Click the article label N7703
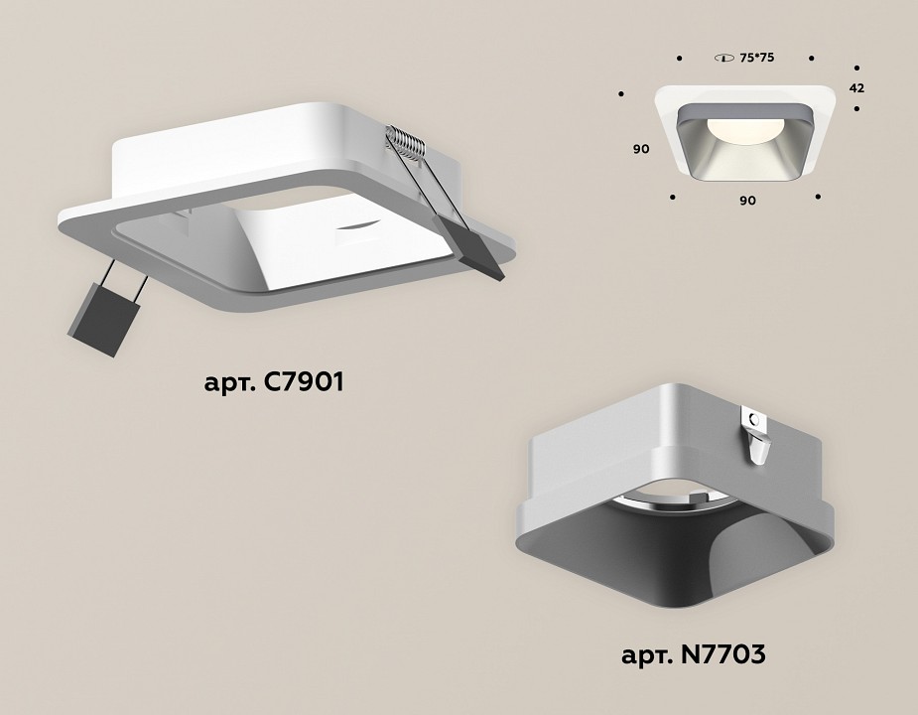click(693, 654)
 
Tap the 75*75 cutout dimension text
click(756, 59)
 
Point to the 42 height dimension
click(856, 87)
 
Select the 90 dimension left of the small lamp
click(641, 149)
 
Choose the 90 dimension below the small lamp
click(747, 200)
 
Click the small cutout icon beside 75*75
click(723, 59)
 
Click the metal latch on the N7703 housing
click(756, 438)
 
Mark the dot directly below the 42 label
click(854, 107)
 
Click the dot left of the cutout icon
click(679, 59)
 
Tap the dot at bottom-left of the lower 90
click(674, 197)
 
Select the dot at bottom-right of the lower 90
click(818, 197)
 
